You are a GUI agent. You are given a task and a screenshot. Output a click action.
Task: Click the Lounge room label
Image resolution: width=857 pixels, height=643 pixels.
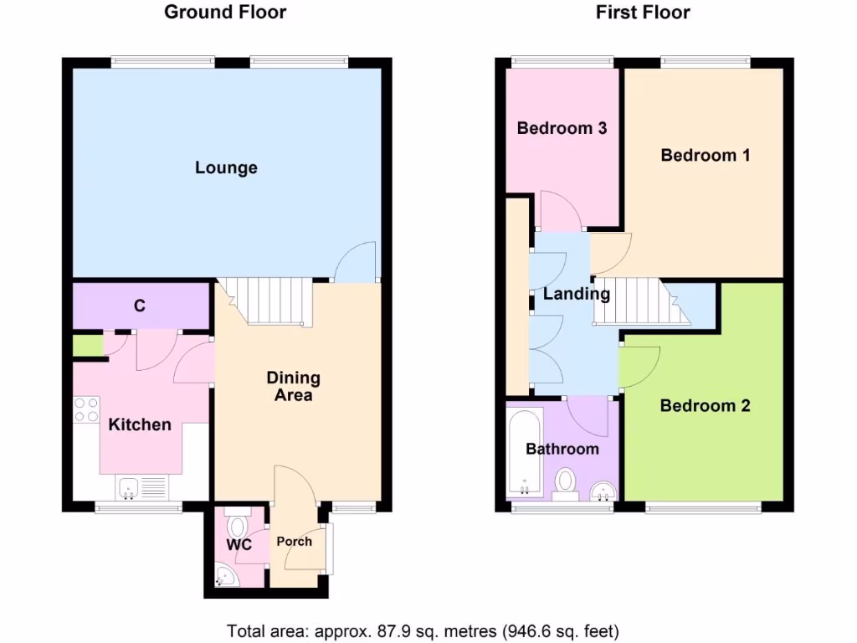coord(226,168)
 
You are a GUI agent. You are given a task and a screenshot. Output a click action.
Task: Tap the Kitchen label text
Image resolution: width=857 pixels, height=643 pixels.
coord(140,425)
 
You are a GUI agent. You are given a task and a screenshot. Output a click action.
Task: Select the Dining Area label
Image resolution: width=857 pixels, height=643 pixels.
coord(293,387)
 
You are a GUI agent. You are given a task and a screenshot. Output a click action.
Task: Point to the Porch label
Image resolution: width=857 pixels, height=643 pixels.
coord(294,542)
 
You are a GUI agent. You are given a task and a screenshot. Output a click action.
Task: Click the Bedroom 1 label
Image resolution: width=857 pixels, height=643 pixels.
coord(705,155)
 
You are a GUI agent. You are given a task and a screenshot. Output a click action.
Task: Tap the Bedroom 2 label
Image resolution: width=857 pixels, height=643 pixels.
coord(705,406)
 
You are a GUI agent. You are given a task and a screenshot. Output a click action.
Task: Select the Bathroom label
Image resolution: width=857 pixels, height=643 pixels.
coord(562,450)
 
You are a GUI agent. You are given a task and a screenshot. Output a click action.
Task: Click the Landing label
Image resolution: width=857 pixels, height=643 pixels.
coord(576,294)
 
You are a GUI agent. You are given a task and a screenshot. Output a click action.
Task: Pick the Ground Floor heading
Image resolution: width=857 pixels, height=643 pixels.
coord(225,12)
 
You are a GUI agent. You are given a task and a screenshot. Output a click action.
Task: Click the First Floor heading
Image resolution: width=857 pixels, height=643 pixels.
coord(643,12)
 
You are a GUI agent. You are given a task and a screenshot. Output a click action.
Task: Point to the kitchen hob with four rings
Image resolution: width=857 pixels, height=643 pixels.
coord(86,409)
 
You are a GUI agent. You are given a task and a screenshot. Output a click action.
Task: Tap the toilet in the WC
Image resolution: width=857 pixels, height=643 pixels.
coord(237,525)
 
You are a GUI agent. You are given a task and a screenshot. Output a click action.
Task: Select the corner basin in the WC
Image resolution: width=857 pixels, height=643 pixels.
coord(223,575)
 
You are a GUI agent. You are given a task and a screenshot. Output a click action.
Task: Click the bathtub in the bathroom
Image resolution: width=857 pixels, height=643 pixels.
coord(525,452)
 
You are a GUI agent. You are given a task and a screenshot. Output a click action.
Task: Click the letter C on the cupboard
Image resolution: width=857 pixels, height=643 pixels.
coord(140,306)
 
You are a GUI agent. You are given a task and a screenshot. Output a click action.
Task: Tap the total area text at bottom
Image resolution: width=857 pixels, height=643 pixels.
coord(423,630)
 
